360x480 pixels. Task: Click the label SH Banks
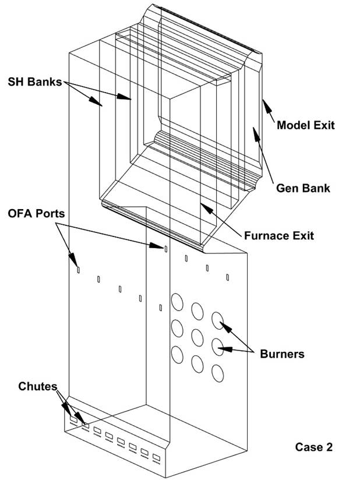[x=34, y=82]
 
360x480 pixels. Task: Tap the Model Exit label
[x=306, y=125]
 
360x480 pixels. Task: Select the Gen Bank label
[x=302, y=188]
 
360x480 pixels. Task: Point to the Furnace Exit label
[x=279, y=235]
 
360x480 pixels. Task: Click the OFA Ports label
[x=36, y=214]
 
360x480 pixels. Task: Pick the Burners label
[x=282, y=353]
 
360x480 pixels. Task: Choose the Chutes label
[x=38, y=386]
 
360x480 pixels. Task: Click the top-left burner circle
[x=177, y=302]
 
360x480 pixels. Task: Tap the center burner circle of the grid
[x=197, y=336]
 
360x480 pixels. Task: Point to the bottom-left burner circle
[x=176, y=353]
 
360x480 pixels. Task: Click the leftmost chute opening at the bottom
[x=73, y=418]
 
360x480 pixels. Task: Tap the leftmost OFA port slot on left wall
[x=78, y=269]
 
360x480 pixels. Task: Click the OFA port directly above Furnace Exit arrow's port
[x=165, y=249]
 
